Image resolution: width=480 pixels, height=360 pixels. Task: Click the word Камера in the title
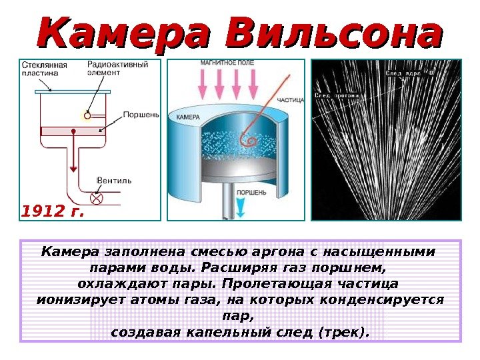[x=127, y=33]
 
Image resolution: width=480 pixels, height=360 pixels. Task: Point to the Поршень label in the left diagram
[x=141, y=114]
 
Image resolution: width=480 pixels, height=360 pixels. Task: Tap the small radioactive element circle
[x=87, y=115]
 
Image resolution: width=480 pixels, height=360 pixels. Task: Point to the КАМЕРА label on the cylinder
[x=189, y=117]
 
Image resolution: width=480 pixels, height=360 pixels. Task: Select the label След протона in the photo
[x=337, y=96]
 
